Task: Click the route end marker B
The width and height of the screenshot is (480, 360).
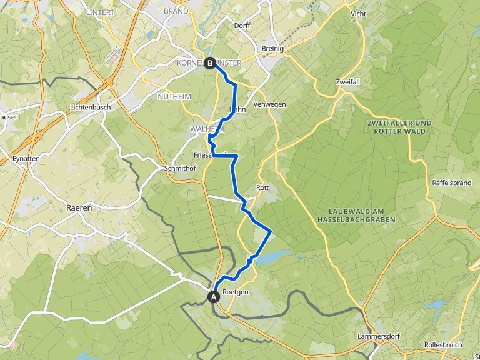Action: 210,62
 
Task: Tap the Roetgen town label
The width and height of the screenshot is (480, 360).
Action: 235,292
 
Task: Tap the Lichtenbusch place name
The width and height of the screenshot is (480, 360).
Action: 91,107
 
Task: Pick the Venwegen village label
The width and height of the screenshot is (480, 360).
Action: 270,104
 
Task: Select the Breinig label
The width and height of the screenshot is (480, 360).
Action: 273,49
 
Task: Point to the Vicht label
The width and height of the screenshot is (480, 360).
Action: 359,13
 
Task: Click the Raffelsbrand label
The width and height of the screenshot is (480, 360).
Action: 451,182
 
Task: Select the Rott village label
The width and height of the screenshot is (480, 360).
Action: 262,187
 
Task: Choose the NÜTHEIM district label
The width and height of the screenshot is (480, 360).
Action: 174,96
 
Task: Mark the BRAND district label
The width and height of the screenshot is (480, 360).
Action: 176,11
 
